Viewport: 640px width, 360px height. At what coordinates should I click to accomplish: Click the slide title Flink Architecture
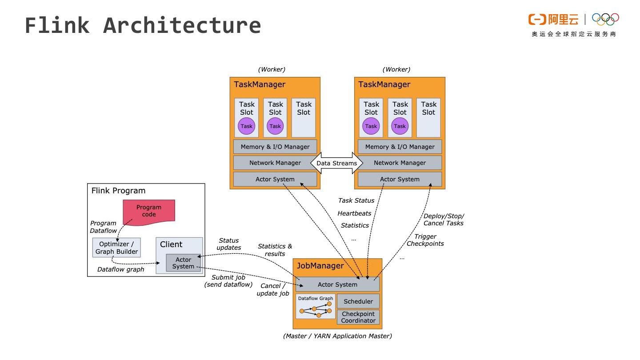[143, 25]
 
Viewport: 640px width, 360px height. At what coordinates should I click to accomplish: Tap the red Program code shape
[149, 211]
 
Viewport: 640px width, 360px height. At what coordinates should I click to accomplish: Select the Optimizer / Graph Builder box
[116, 248]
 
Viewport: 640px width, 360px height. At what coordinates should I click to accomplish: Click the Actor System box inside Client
[183, 263]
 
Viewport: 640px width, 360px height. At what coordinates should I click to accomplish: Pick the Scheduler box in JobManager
[358, 301]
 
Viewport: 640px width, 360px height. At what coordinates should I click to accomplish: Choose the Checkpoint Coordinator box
[358, 317]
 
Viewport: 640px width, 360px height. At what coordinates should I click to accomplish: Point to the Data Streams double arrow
[336, 163]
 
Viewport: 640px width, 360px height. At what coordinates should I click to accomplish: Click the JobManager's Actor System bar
[337, 284]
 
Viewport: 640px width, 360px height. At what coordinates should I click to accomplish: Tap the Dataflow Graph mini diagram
[316, 307]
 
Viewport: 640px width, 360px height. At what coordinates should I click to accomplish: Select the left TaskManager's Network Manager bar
[275, 163]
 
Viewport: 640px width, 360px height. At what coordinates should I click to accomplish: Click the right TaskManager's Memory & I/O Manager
[400, 147]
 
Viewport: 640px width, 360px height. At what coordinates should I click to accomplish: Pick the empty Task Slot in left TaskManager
[304, 118]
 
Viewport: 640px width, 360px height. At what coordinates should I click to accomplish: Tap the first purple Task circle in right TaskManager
[371, 126]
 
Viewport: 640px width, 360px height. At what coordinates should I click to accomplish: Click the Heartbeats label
[354, 213]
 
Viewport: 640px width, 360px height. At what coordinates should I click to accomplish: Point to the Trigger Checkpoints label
[425, 240]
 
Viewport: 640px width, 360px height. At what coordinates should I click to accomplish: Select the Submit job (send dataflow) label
[228, 281]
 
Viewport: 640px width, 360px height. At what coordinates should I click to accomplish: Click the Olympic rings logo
[605, 19]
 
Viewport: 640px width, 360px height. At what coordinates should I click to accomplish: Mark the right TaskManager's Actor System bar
[400, 179]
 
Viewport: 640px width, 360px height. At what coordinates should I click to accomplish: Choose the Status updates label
[228, 244]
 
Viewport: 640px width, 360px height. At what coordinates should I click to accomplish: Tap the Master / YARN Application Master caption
[337, 336]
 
